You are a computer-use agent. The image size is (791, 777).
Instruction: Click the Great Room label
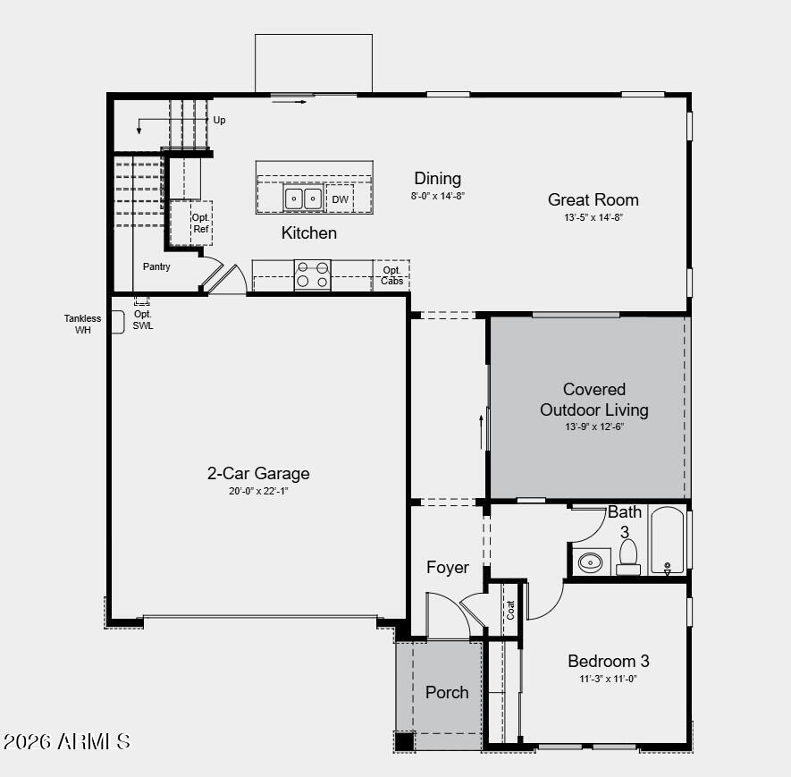point(593,199)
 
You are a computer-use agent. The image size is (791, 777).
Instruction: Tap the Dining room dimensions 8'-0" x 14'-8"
point(438,195)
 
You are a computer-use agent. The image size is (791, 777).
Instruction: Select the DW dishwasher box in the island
point(340,199)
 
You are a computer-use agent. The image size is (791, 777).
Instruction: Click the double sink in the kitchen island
point(303,198)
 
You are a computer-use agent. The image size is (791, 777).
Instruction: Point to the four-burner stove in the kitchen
point(312,274)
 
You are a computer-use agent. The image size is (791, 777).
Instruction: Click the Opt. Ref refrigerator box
point(201,223)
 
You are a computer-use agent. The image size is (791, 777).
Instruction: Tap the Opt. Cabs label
point(391,275)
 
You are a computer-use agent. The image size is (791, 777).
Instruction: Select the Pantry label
point(156,266)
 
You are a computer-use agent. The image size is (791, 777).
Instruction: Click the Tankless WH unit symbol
point(117,322)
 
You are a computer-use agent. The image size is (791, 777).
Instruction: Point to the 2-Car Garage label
point(258,473)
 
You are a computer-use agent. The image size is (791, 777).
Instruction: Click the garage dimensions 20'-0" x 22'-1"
point(258,491)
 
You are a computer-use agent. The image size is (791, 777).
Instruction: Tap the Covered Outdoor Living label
point(593,400)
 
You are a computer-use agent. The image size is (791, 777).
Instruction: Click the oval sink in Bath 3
point(591,563)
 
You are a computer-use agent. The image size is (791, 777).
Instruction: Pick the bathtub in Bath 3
point(667,541)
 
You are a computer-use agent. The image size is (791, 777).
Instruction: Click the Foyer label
point(447,567)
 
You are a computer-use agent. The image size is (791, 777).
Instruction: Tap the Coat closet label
point(511,610)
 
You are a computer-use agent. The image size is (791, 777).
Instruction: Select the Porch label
point(446,692)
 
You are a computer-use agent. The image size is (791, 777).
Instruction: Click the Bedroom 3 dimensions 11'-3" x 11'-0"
point(608,679)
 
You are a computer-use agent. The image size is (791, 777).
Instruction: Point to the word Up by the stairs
point(219,120)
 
